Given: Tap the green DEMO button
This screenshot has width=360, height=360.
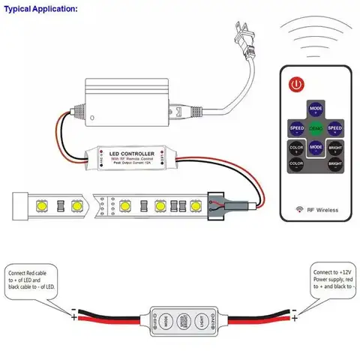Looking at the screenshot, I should click(x=316, y=127).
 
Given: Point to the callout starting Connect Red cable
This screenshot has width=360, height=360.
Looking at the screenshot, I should click(x=34, y=278).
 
